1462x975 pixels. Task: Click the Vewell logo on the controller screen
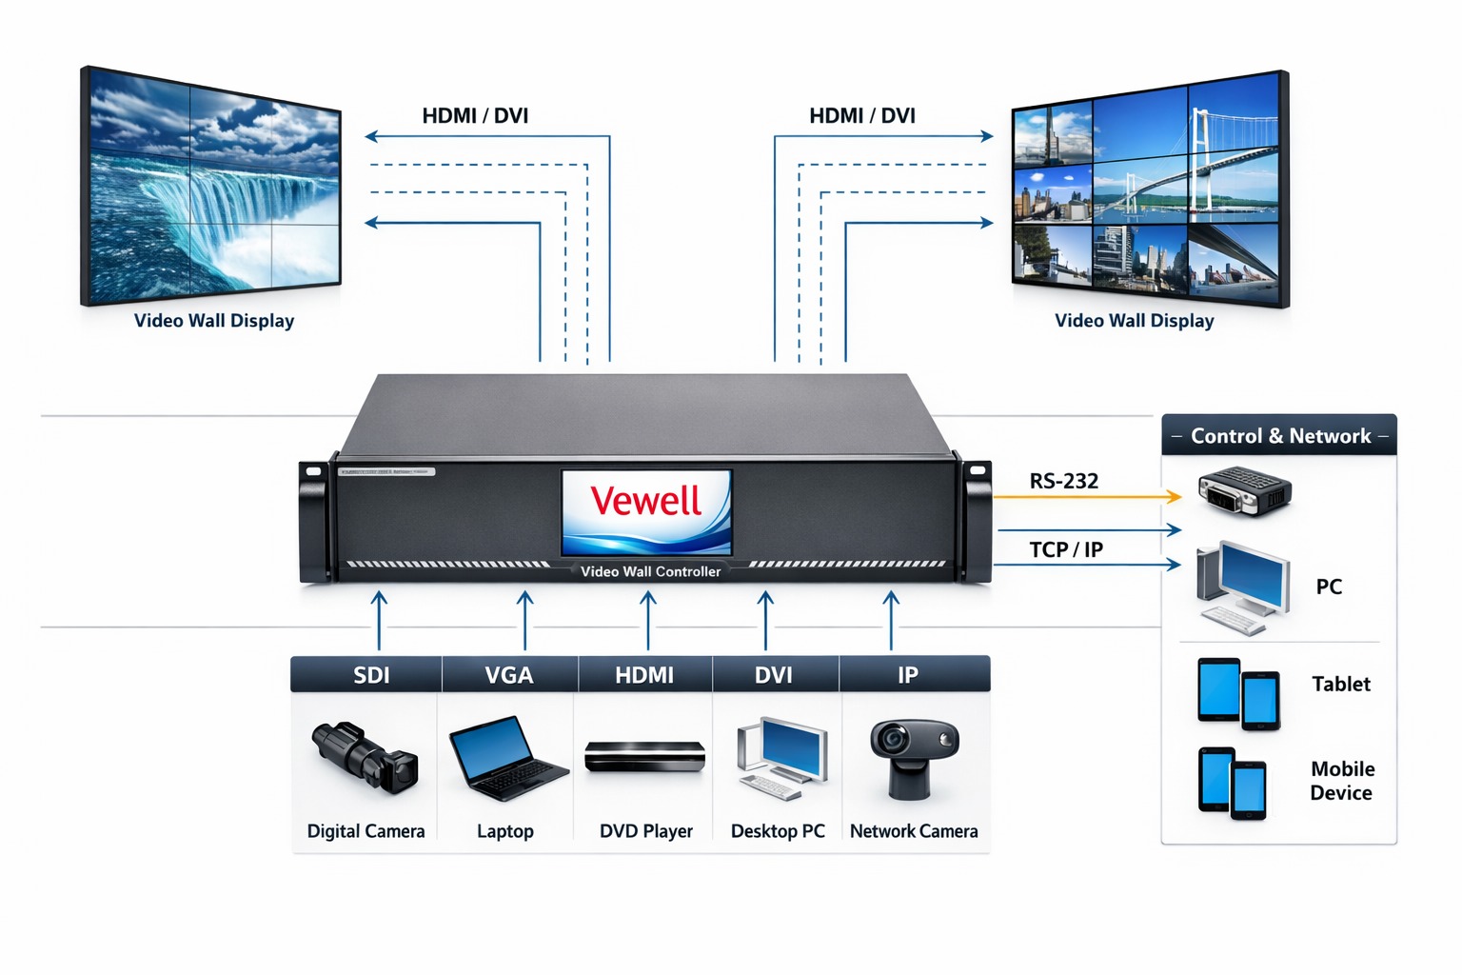[646, 502]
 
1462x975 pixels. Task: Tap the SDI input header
[371, 675]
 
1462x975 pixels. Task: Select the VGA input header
[508, 675]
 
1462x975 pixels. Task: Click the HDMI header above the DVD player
[644, 675]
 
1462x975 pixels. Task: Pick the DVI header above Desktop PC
[773, 675]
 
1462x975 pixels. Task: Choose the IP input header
[907, 675]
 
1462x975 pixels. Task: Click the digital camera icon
[365, 757]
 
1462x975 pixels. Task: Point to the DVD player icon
[644, 757]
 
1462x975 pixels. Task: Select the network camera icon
[913, 757]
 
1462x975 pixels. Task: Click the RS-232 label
[1063, 482]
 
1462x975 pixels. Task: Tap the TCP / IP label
[1065, 550]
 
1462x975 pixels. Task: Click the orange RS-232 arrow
[1085, 497]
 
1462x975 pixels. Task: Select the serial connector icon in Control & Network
[1244, 490]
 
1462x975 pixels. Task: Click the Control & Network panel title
[1280, 436]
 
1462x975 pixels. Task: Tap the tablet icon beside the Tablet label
[1237, 693]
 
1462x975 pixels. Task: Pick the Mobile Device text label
[1341, 781]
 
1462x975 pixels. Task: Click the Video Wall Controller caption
[650, 571]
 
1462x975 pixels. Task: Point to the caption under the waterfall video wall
[214, 321]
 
